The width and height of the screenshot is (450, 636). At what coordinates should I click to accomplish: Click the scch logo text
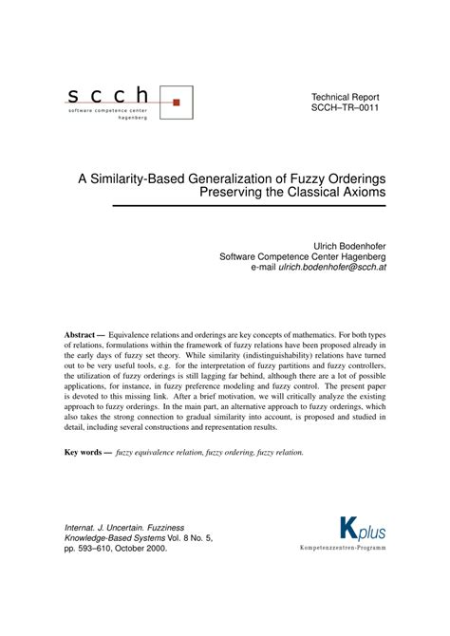point(108,94)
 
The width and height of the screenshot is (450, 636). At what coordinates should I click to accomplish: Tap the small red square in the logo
point(176,98)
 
